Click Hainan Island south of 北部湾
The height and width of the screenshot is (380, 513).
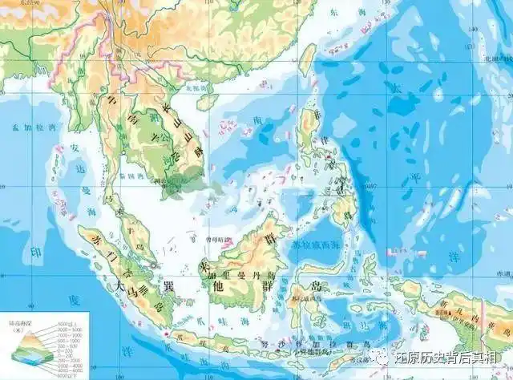click(208, 101)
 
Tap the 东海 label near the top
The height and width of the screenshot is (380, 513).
click(346, 12)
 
